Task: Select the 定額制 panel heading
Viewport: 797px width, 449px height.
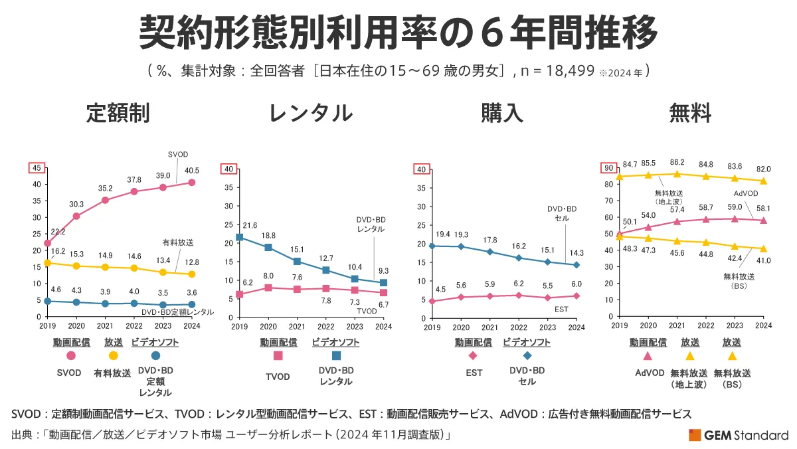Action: pos(118,113)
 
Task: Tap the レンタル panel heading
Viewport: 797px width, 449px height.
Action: pos(311,113)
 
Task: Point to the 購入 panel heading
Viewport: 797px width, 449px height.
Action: pos(502,113)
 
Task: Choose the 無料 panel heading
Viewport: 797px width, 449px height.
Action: pos(691,113)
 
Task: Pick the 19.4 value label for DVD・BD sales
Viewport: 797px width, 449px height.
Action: pos(442,235)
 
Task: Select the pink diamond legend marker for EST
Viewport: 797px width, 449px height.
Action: pos(473,356)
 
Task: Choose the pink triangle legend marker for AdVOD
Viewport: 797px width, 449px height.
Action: pos(648,356)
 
